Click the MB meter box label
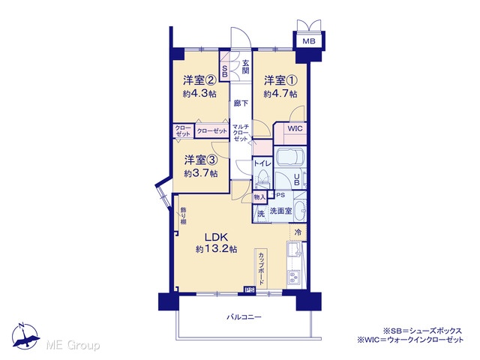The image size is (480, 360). (308, 41)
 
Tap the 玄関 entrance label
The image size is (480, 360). (246, 67)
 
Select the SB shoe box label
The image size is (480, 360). (225, 71)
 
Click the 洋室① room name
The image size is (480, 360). (280, 81)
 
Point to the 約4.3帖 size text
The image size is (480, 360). (199, 93)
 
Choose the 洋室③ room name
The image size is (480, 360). (201, 160)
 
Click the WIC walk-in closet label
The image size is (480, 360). (295, 128)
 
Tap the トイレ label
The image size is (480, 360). (262, 163)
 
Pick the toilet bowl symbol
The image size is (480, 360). (263, 178)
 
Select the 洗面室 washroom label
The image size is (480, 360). (280, 211)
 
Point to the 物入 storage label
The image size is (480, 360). (259, 197)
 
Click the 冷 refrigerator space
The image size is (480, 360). (298, 232)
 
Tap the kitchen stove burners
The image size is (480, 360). (294, 278)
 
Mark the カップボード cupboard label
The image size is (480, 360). (261, 268)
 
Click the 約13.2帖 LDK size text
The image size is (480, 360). (217, 249)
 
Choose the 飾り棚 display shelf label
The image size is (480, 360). (183, 216)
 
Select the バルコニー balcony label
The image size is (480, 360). (244, 316)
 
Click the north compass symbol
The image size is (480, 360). (25, 336)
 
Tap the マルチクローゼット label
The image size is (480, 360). (241, 133)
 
